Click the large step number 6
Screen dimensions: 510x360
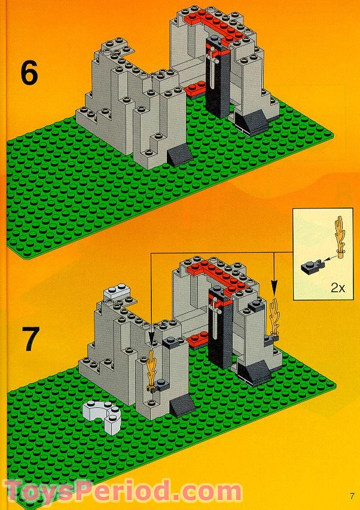[x=29, y=73]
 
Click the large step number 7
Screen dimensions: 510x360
[x=29, y=338]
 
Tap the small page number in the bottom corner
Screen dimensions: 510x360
[x=353, y=494]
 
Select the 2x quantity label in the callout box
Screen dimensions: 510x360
[x=338, y=287]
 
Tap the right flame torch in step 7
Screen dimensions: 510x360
[x=276, y=315]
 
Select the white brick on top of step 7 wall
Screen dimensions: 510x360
[x=117, y=292]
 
